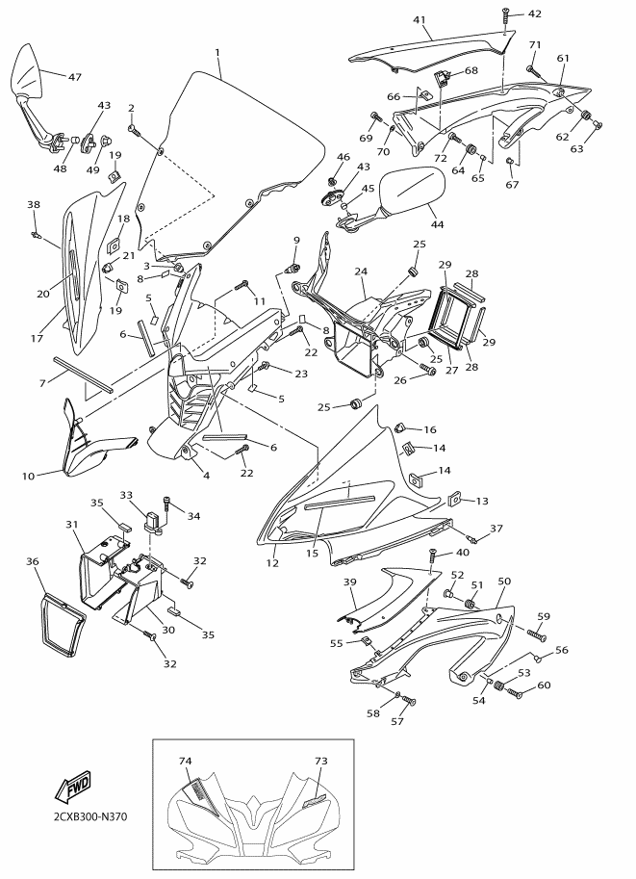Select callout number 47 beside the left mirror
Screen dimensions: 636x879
tap(74, 77)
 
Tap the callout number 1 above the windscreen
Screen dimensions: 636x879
tap(216, 53)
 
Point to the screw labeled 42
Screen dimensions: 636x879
tap(506, 15)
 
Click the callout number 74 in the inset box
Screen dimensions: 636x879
tap(186, 761)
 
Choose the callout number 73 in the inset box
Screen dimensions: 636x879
tap(321, 761)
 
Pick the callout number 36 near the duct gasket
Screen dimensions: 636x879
tap(33, 560)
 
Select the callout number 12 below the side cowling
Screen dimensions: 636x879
tap(272, 563)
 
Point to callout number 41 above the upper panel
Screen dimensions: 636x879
tap(420, 20)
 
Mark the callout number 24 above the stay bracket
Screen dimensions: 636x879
tap(360, 271)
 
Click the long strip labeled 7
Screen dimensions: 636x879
tap(83, 374)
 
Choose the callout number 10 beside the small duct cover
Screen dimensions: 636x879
tap(28, 477)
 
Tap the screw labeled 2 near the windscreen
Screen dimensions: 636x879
tap(134, 130)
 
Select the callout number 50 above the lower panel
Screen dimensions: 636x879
tap(504, 582)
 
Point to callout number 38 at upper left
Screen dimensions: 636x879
tap(34, 205)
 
